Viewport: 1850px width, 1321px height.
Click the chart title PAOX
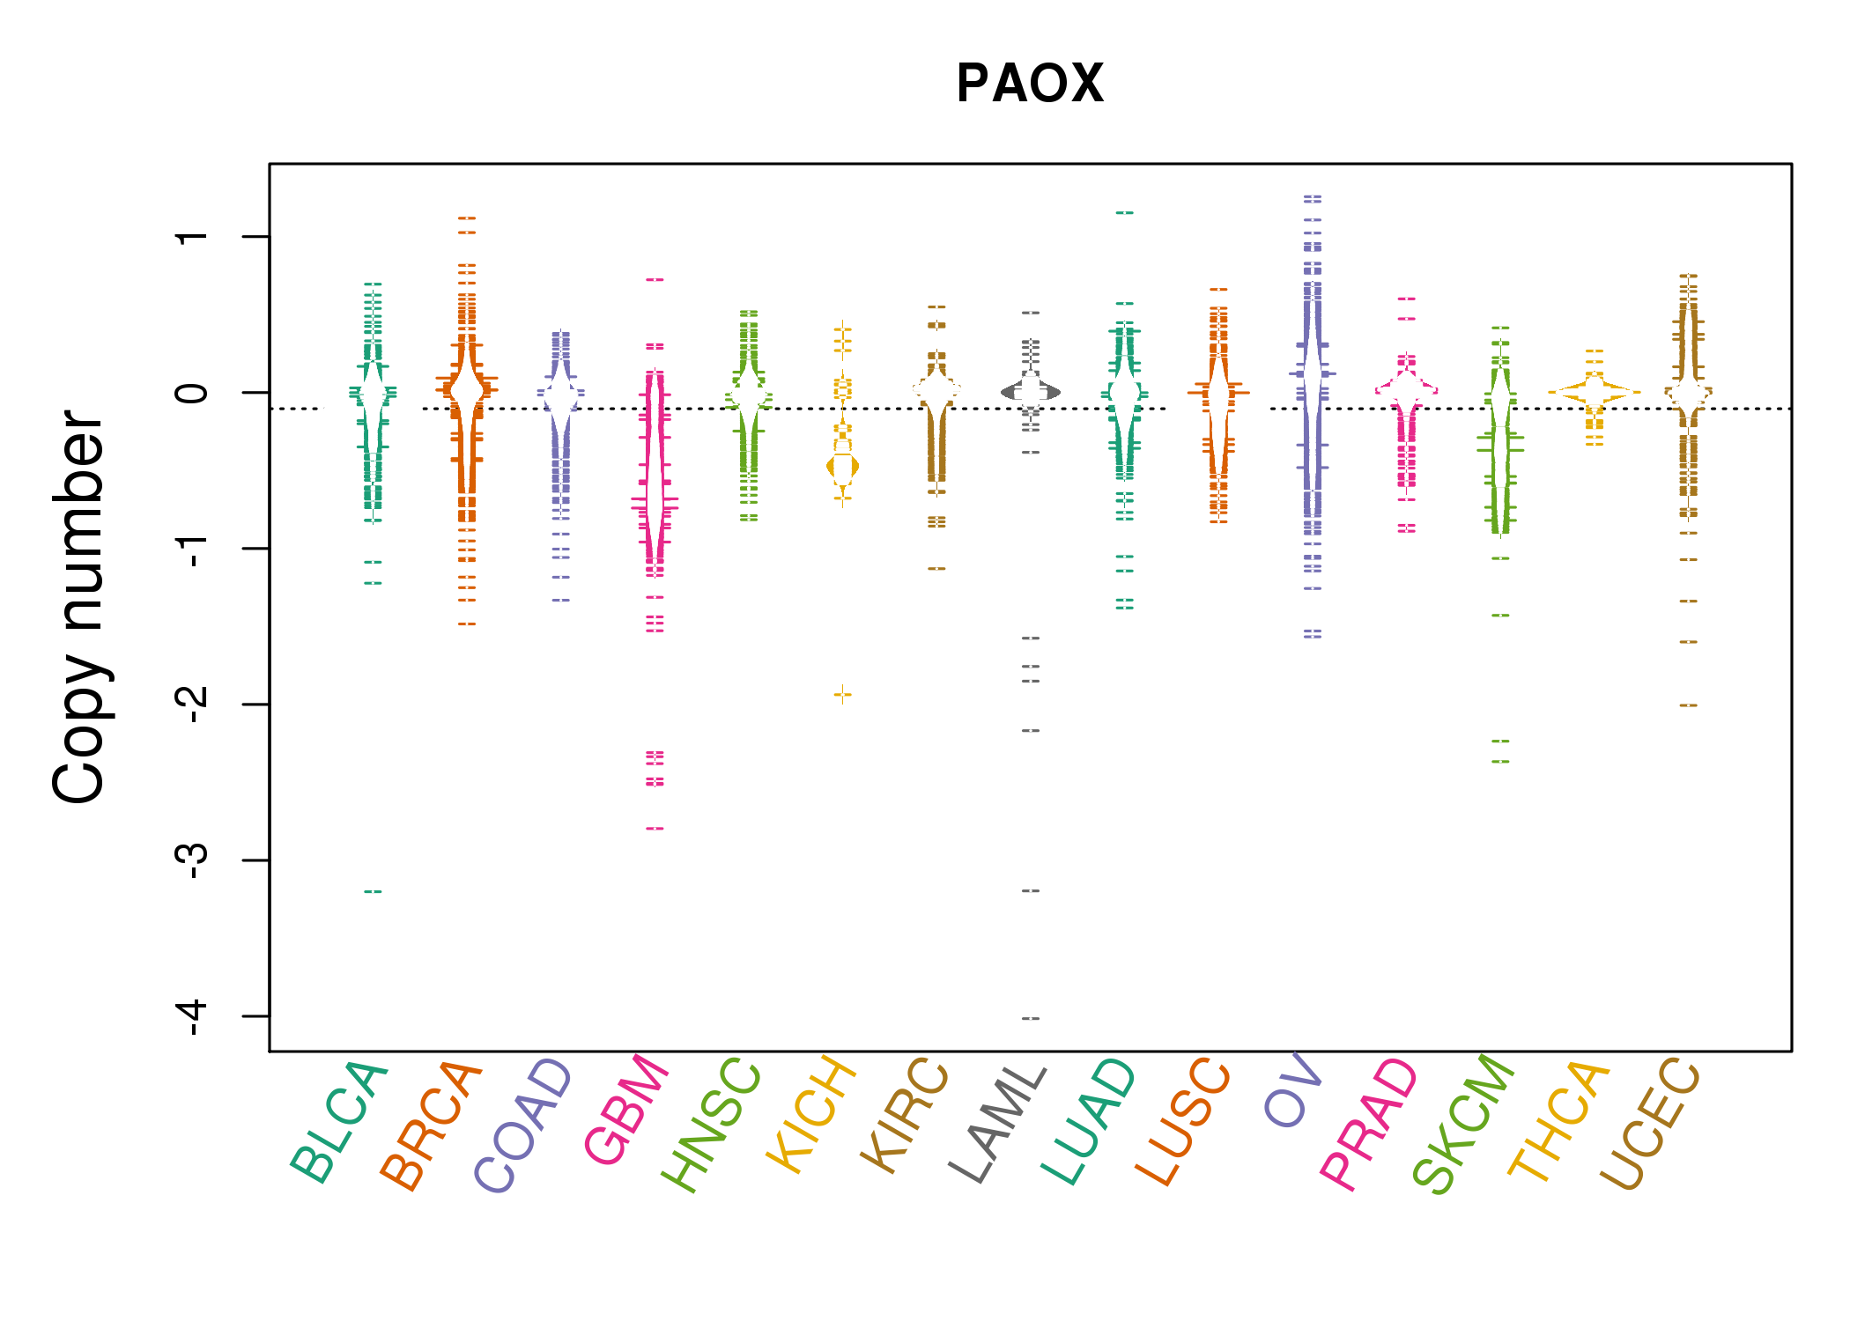(1030, 84)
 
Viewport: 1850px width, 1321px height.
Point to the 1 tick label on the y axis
(192, 236)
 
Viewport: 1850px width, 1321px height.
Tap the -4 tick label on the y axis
(192, 1016)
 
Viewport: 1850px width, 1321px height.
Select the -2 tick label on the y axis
(192, 705)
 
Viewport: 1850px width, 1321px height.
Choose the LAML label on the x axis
(998, 1124)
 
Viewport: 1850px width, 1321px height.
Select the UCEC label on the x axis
(1649, 1124)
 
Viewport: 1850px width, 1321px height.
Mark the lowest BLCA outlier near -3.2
(373, 891)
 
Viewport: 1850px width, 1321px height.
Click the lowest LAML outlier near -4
(1031, 1018)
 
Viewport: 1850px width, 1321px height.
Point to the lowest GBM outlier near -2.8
(655, 829)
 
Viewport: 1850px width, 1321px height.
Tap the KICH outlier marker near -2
(843, 695)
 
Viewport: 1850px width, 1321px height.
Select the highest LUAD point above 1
(1125, 213)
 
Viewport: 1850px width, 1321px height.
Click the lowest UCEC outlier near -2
(1688, 705)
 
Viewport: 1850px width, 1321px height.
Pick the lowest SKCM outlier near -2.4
(1500, 762)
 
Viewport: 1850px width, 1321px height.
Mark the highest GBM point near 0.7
(655, 279)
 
